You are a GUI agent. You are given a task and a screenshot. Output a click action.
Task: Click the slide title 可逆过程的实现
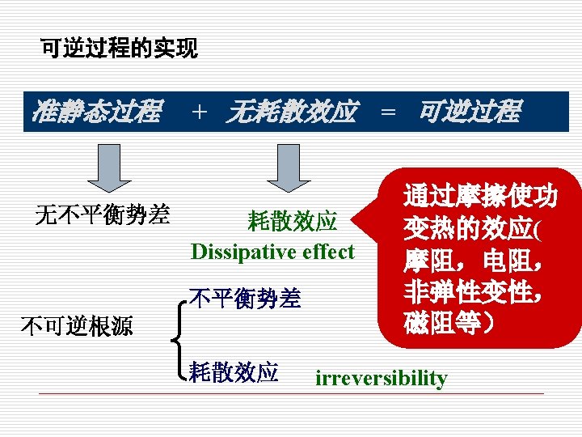[x=119, y=49]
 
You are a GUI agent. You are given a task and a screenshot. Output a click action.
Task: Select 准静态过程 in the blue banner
[x=95, y=112]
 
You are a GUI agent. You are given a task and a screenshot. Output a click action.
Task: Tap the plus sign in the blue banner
[x=199, y=112]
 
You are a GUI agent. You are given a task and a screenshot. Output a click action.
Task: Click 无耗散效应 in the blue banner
[x=290, y=112]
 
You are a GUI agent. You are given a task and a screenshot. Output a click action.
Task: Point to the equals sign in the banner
[x=388, y=112]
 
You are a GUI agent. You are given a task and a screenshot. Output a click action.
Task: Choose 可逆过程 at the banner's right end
[x=468, y=112]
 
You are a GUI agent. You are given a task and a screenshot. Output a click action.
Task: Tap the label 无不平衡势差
[x=102, y=214]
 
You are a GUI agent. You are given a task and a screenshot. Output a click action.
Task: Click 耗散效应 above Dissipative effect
[x=292, y=221]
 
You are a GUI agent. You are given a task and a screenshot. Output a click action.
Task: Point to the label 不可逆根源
[x=77, y=326]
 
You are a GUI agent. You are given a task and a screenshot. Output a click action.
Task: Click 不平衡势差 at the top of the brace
[x=244, y=299]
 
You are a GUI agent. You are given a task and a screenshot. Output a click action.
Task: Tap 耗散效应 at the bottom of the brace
[x=234, y=371]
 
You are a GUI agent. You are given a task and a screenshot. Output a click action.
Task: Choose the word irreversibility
[x=381, y=378]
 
